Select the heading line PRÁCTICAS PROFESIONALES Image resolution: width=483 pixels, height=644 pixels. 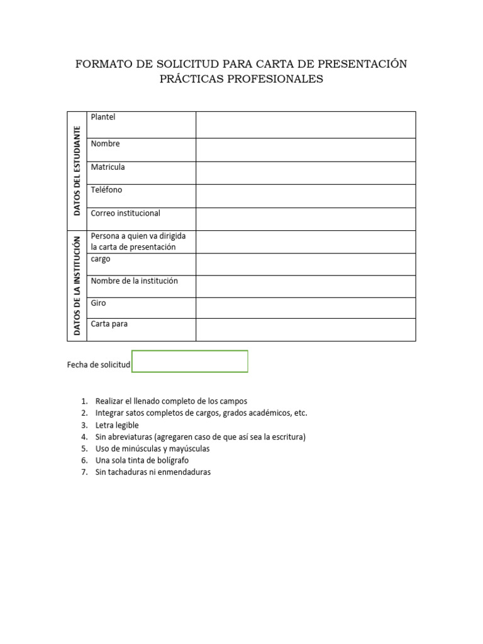(241, 79)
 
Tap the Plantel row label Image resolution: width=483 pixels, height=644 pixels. (103, 117)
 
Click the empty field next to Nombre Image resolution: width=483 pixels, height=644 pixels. (306, 150)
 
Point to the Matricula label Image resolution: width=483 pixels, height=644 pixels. (108, 167)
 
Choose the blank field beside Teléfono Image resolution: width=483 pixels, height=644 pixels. (306, 196)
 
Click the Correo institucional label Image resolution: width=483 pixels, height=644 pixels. (125, 213)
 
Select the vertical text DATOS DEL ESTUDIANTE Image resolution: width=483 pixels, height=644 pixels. (77, 171)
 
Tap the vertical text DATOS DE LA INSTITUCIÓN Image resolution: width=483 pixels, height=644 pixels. (77, 285)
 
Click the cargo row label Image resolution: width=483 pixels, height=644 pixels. (101, 259)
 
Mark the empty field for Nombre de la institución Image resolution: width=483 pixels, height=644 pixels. (306, 286)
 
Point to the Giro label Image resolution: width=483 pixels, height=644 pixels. (98, 303)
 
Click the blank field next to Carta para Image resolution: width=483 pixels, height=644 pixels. (306, 329)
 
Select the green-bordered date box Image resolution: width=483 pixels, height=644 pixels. (190, 362)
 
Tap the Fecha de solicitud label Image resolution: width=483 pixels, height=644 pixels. (98, 365)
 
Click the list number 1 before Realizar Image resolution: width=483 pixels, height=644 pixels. (84, 401)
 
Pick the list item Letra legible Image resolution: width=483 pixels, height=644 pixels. (116, 425)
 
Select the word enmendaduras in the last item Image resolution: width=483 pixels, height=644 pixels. (186, 472)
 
